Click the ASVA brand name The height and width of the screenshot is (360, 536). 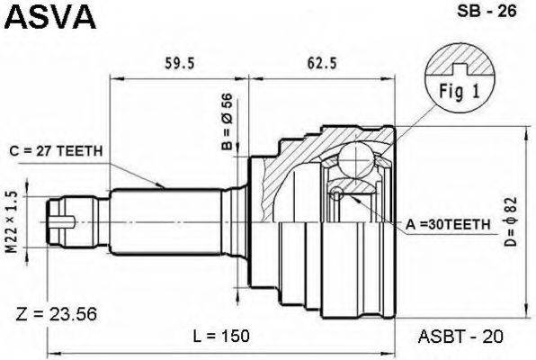point(49,16)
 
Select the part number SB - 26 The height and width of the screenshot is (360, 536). point(487,11)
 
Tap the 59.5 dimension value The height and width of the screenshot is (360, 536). point(180,63)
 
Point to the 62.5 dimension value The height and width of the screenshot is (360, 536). point(322,63)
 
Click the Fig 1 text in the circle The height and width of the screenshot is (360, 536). point(460,92)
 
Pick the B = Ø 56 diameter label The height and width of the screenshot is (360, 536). point(227,121)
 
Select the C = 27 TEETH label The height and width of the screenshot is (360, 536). point(56,151)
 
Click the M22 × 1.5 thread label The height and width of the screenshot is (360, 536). point(12,222)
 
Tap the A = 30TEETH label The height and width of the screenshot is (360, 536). point(448,224)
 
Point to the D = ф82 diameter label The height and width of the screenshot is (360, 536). point(511,221)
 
